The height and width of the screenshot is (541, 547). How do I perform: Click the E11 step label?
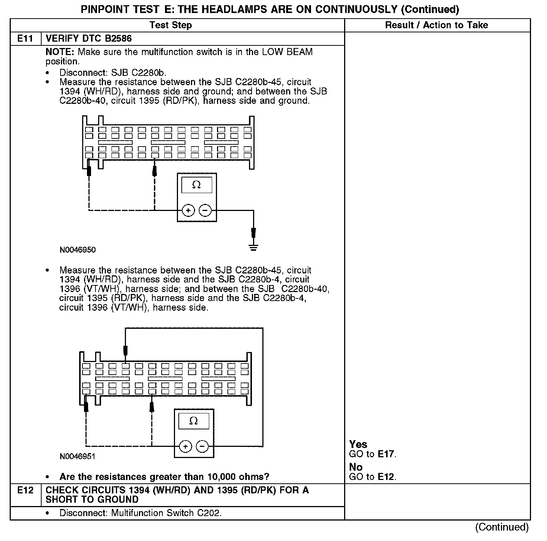tap(25, 39)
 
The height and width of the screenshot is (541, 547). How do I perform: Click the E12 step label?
tap(25, 490)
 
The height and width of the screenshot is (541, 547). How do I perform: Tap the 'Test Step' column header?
tap(171, 25)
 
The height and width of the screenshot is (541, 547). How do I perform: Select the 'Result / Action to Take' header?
tap(437, 25)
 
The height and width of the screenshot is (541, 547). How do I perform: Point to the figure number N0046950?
tap(78, 250)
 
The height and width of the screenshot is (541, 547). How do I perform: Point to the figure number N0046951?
tap(77, 457)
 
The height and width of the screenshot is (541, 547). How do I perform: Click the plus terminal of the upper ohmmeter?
tap(188, 211)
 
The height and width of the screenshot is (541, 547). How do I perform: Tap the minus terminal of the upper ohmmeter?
tap(205, 211)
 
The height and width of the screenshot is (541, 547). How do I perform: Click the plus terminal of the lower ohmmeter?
tap(185, 446)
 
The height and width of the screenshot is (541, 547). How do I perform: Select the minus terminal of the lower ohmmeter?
tap(202, 446)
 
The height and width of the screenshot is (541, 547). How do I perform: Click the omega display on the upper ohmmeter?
tap(197, 185)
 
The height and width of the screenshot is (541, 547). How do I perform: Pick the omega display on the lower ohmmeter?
tap(194, 421)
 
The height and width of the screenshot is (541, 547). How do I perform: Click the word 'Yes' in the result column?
tap(358, 444)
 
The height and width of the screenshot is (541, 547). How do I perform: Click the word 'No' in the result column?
tap(356, 467)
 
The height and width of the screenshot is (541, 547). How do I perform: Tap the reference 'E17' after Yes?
tap(386, 454)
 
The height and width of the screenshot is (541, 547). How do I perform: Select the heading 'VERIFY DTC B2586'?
tap(88, 39)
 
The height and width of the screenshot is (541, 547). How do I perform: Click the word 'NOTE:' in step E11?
tap(60, 52)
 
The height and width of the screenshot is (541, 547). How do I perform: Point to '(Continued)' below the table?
tap(502, 527)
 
